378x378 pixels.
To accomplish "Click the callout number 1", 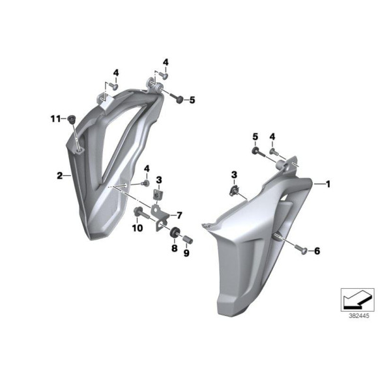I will (x=328, y=184).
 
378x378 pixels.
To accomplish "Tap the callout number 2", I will (x=59, y=175).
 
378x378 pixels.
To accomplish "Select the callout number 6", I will (x=317, y=250).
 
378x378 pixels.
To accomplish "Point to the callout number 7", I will (x=180, y=214).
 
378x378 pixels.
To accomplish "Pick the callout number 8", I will (x=174, y=248).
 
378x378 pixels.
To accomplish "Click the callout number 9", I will (x=186, y=254).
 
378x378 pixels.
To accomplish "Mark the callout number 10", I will (x=138, y=228).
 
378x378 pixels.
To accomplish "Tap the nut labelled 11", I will (x=72, y=119).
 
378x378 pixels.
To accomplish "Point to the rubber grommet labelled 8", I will (x=175, y=233).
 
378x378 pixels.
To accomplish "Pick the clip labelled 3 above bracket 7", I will (x=157, y=193).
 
